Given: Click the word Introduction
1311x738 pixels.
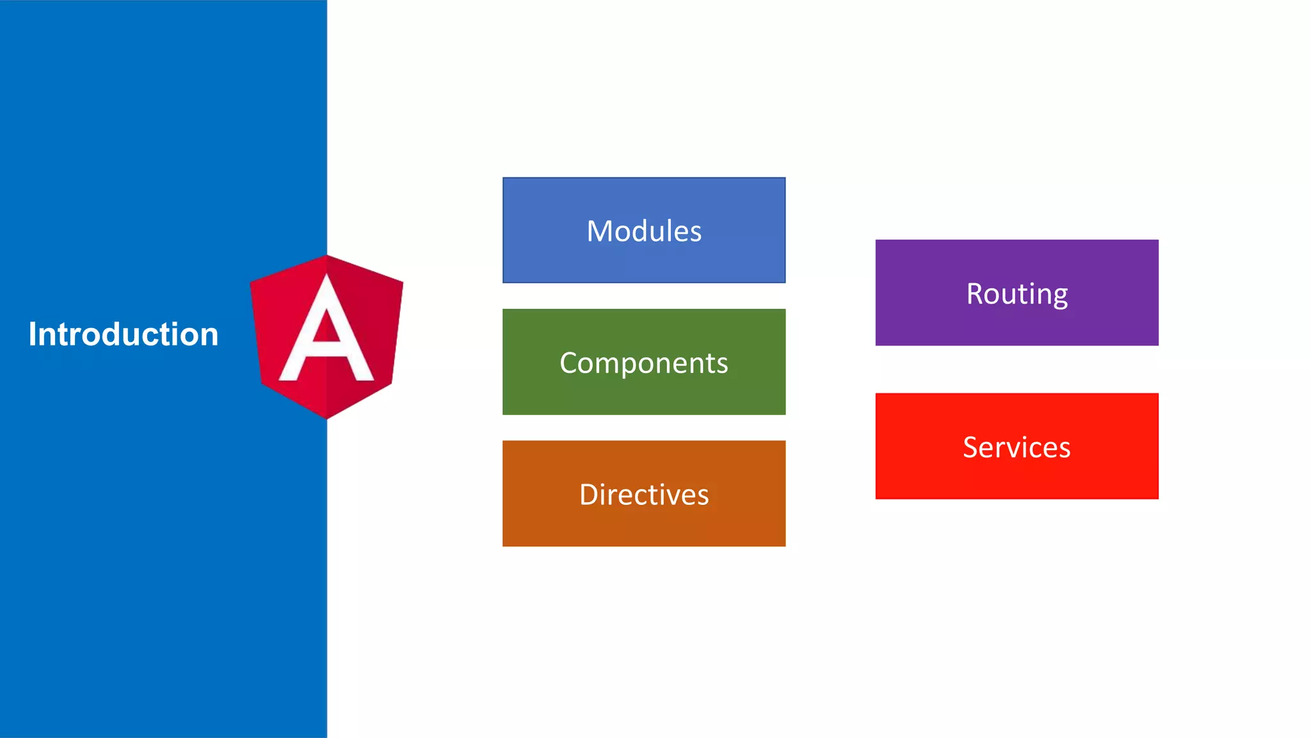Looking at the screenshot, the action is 124,334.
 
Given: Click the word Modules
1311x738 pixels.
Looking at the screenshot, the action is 644,231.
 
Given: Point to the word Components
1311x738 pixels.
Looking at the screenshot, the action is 644,363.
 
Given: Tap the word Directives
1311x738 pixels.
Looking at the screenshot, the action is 644,495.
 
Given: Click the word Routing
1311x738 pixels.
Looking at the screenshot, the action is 1017,294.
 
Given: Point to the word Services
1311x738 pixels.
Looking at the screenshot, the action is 1017,447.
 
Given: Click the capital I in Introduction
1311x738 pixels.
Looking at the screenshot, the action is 33,334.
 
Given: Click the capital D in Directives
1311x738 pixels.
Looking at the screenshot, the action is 590,495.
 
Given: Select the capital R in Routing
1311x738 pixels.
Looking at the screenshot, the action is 975,294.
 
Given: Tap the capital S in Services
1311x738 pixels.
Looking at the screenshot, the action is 971,447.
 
